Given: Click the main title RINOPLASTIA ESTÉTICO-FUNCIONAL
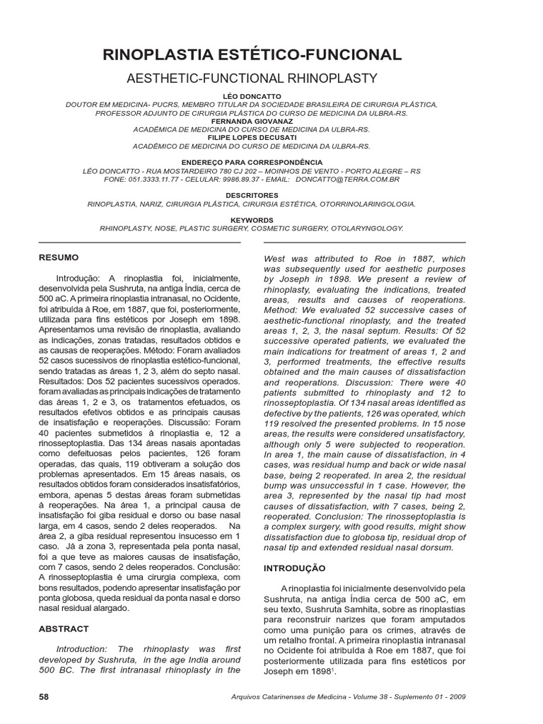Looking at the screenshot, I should (252, 55).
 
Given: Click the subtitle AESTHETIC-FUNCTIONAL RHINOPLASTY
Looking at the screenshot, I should (252, 78).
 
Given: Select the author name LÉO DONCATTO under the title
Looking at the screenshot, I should (252, 95).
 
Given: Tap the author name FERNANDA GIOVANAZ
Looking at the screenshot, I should (252, 121).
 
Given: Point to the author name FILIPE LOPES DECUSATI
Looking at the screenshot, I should (252, 138).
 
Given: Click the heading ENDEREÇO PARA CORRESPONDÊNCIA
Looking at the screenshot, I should (252, 163).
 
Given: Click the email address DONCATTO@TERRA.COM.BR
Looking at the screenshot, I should (349, 180).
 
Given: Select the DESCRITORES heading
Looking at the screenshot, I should (252, 195).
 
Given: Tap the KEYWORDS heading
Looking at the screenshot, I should (252, 220).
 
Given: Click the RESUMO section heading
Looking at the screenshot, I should (59, 258).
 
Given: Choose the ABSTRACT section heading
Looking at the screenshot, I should (64, 629).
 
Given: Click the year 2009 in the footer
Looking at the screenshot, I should (457, 697).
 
